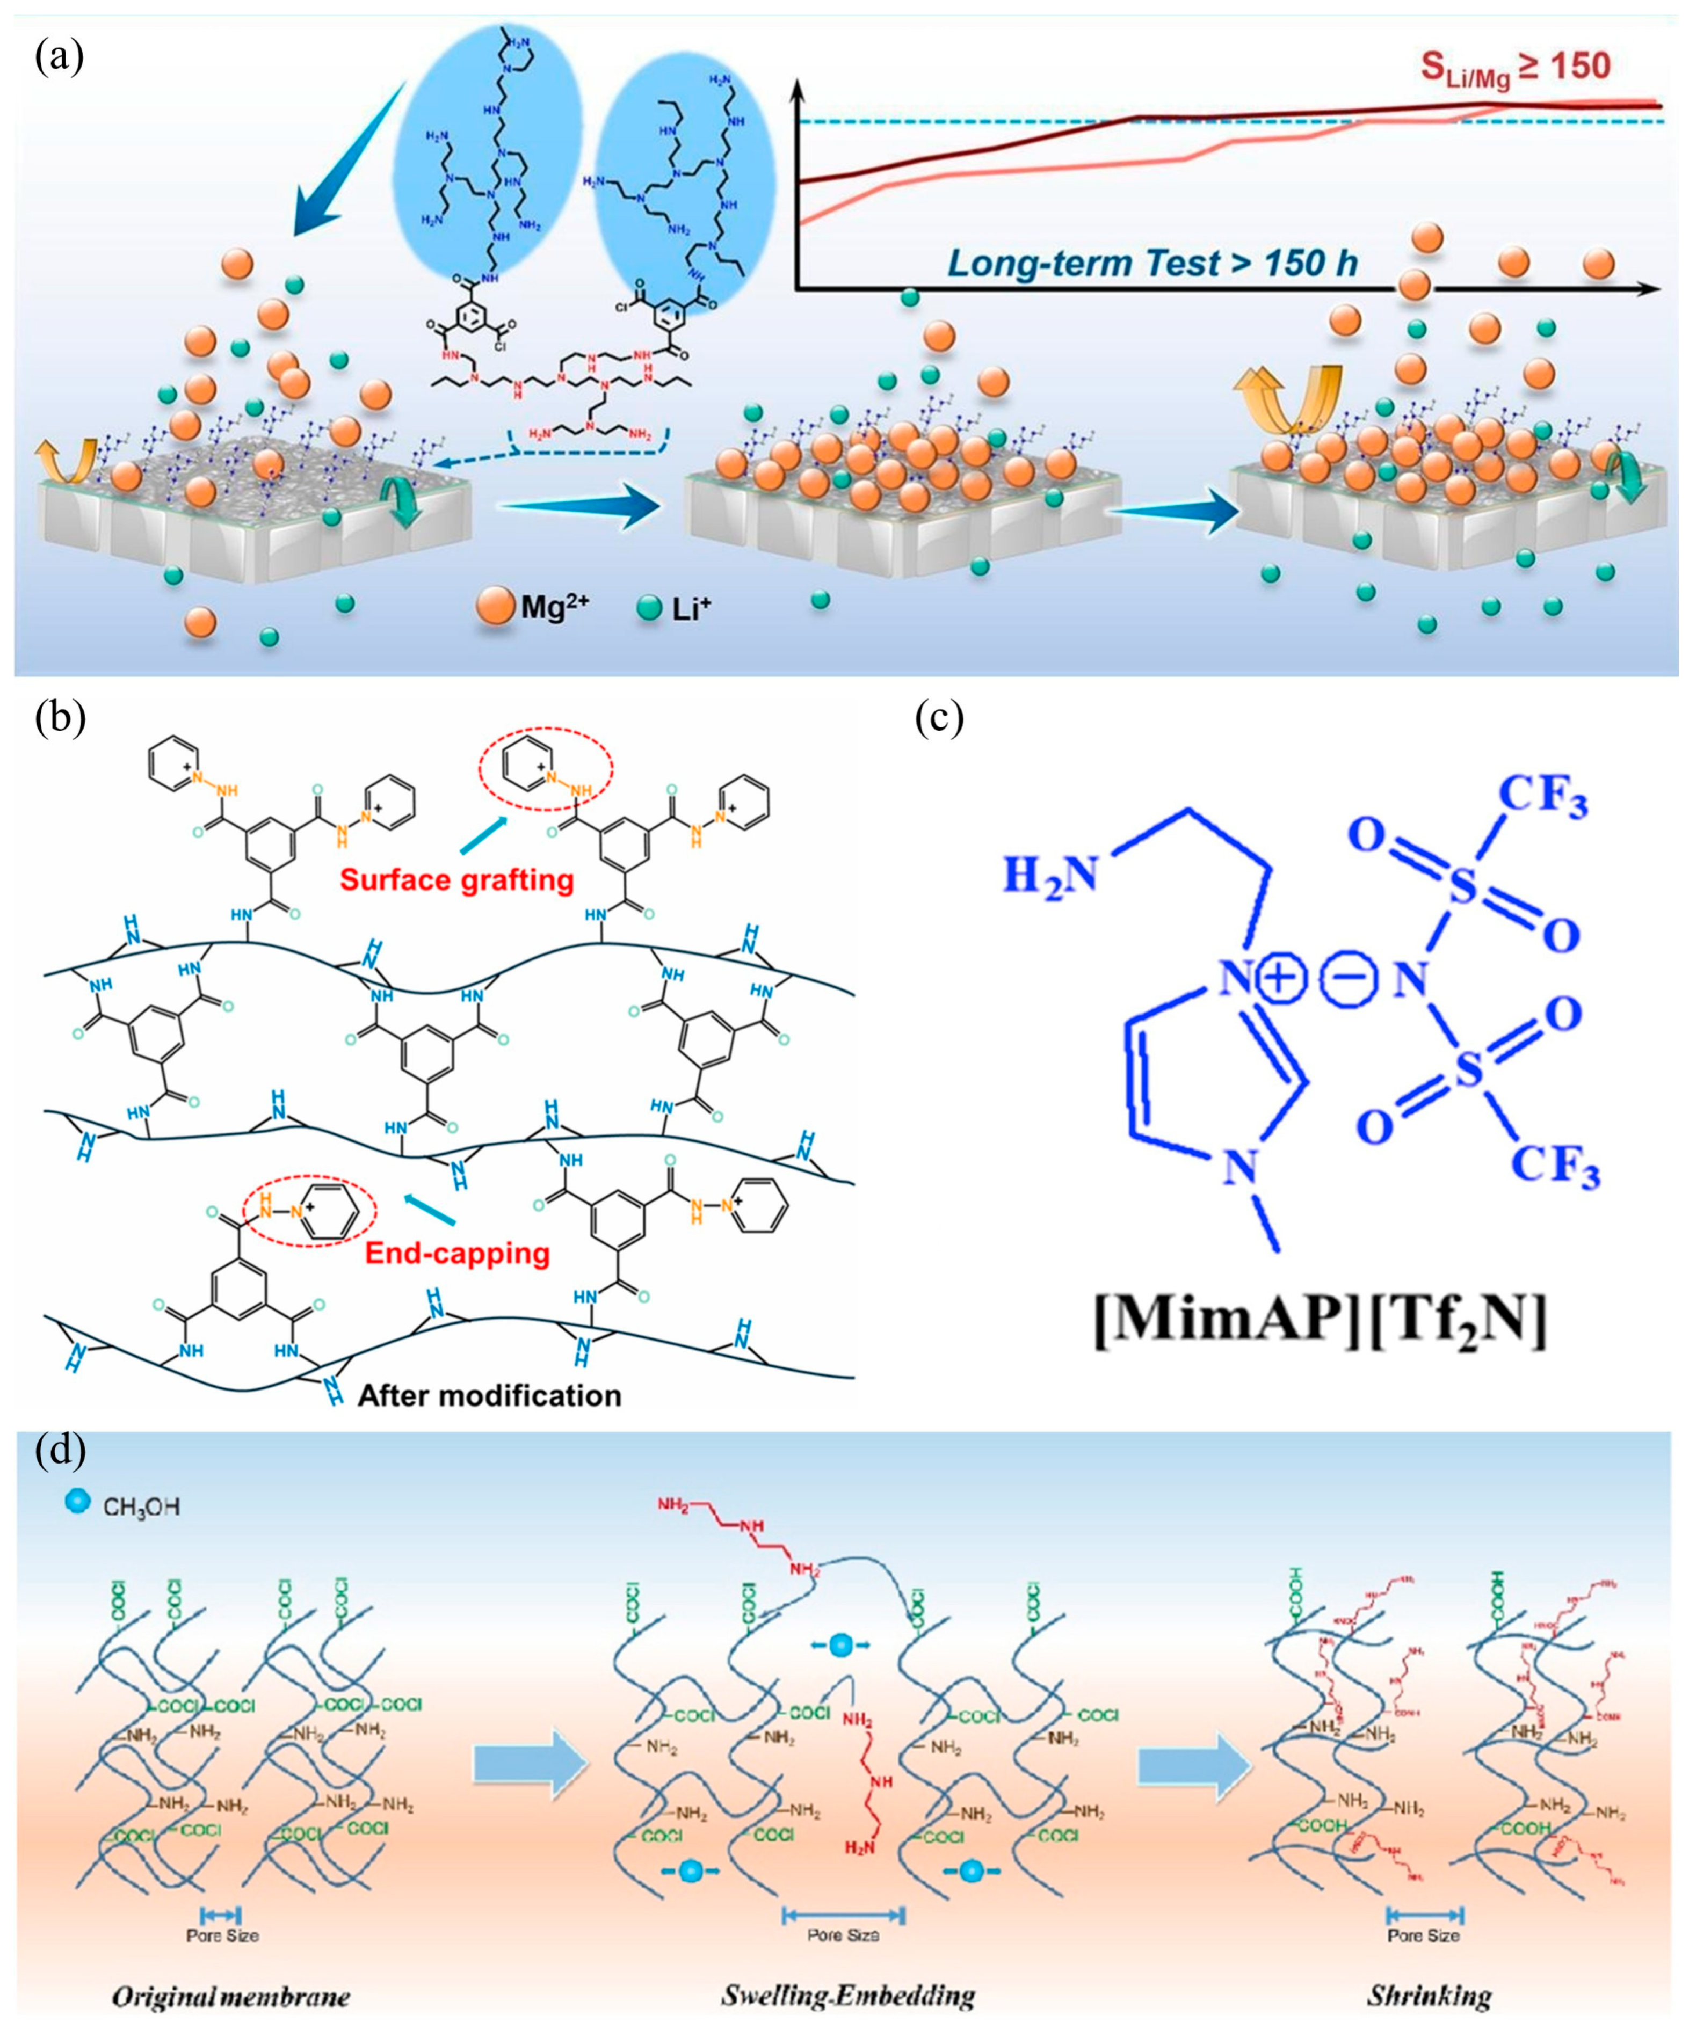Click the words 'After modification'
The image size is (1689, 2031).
pyautogui.click(x=489, y=1395)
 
